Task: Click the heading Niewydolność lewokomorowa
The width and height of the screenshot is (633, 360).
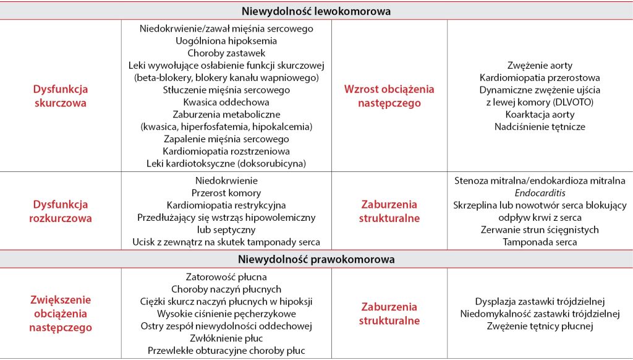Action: (x=316, y=11)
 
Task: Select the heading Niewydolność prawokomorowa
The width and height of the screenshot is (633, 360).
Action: (x=316, y=259)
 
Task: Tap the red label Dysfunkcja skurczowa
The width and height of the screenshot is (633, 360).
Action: (x=60, y=96)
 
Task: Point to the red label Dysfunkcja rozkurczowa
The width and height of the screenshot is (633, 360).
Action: (x=60, y=211)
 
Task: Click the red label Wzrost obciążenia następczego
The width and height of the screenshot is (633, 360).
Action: (x=389, y=96)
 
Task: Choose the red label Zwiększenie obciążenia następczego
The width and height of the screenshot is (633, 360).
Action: (x=60, y=314)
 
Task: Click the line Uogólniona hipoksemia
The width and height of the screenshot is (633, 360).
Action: (x=226, y=41)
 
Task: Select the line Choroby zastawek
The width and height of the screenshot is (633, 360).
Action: (x=226, y=53)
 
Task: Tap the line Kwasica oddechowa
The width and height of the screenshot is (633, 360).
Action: (x=226, y=102)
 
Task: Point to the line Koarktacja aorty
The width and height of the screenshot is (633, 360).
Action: (x=540, y=114)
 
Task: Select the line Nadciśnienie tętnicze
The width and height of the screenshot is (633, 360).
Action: (x=540, y=127)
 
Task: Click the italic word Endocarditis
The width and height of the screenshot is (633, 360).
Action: (x=540, y=192)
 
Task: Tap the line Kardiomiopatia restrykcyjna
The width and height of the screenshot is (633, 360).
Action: (x=226, y=205)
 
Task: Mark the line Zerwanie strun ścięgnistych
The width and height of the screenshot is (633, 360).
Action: (x=540, y=229)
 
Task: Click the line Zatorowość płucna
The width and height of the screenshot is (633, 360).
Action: (x=226, y=277)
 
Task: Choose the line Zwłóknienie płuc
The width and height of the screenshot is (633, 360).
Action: (x=226, y=338)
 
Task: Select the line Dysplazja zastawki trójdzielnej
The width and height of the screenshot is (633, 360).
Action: (x=540, y=301)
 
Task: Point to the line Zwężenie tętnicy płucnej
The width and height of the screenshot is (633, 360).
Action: (x=540, y=326)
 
